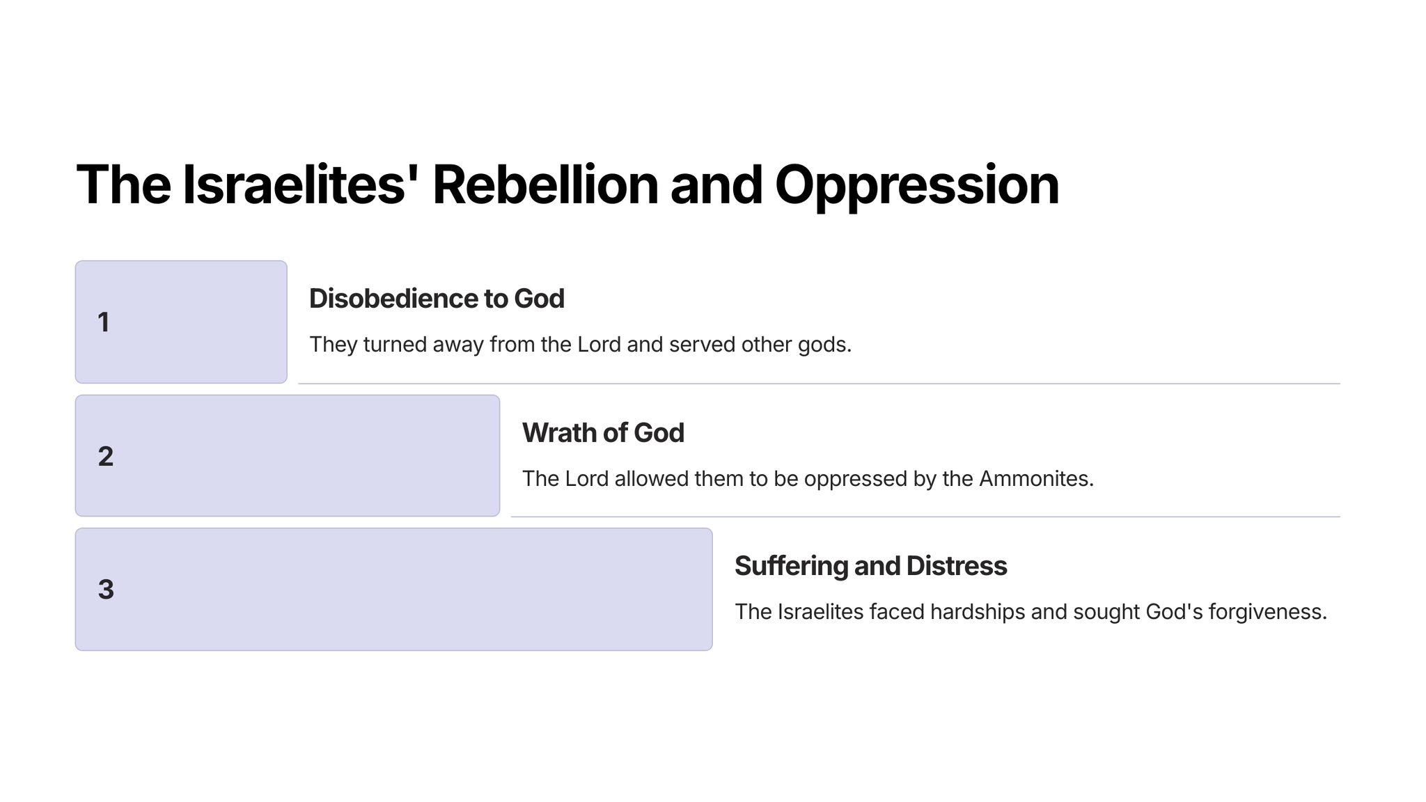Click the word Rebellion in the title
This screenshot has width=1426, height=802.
pos(545,184)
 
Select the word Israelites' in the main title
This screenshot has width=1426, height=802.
pos(294,184)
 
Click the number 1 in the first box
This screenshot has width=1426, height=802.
pos(104,322)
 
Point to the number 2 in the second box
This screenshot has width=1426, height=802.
pos(106,457)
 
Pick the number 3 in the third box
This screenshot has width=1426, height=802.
pos(106,590)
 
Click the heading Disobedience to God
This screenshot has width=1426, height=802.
pos(437,299)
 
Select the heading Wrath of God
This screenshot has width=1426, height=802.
pos(603,433)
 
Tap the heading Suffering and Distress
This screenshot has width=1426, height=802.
pos(870,567)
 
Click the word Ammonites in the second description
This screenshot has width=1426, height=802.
pos(1036,479)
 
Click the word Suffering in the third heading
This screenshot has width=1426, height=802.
pos(791,567)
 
